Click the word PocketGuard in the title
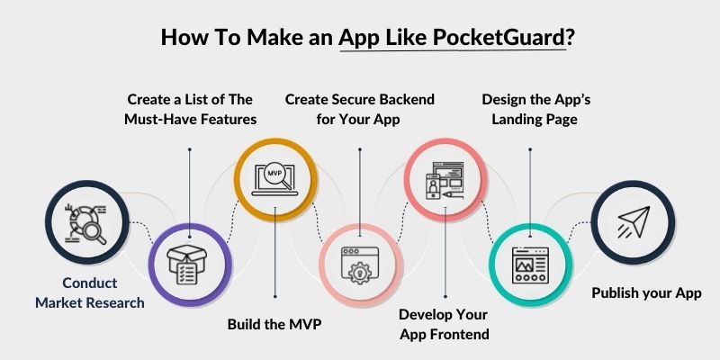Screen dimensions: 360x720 [499, 39]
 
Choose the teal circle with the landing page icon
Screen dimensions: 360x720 [529, 263]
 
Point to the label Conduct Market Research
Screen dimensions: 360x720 [89, 292]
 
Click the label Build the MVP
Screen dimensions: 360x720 [274, 325]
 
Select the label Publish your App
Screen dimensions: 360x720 [645, 292]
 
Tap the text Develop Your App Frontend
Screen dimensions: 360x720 [444, 325]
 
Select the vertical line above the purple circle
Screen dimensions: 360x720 [189, 184]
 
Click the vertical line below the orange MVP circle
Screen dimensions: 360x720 [274, 261]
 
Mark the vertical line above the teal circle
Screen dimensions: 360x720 [529, 184]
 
